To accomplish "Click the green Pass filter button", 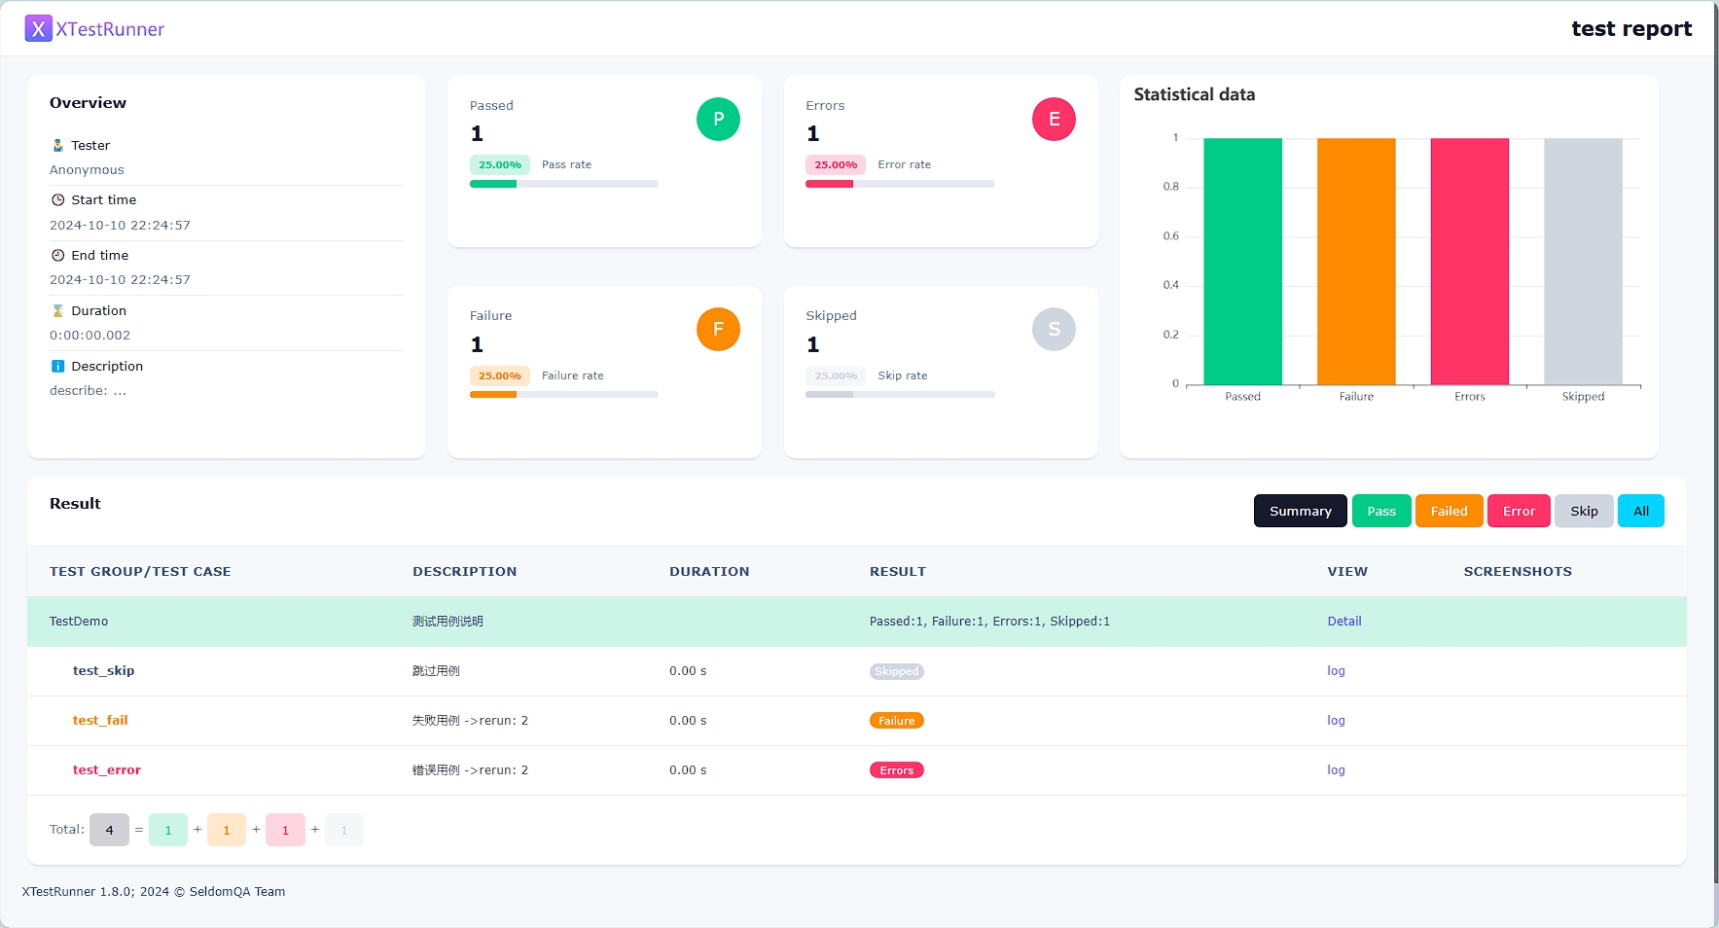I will click(1380, 511).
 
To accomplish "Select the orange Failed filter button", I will click(1449, 511).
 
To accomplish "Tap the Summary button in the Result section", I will click(1300, 511).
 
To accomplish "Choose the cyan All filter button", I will click(1640, 511).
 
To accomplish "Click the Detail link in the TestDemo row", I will click(1343, 622).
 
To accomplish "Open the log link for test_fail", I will click(1336, 721).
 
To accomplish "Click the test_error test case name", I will click(107, 770).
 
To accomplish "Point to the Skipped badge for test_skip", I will click(896, 671).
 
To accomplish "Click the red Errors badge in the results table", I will click(896, 770).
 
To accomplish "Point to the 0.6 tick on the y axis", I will click(1170, 236).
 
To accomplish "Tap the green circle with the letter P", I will click(718, 119).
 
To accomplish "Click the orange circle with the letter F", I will click(718, 330).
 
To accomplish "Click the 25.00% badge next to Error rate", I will click(836, 165).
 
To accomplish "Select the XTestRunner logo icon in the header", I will click(38, 29).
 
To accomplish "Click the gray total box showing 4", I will click(109, 830).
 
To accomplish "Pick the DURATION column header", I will click(709, 572).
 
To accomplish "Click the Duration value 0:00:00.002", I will click(90, 336).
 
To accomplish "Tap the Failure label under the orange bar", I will click(1356, 397).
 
